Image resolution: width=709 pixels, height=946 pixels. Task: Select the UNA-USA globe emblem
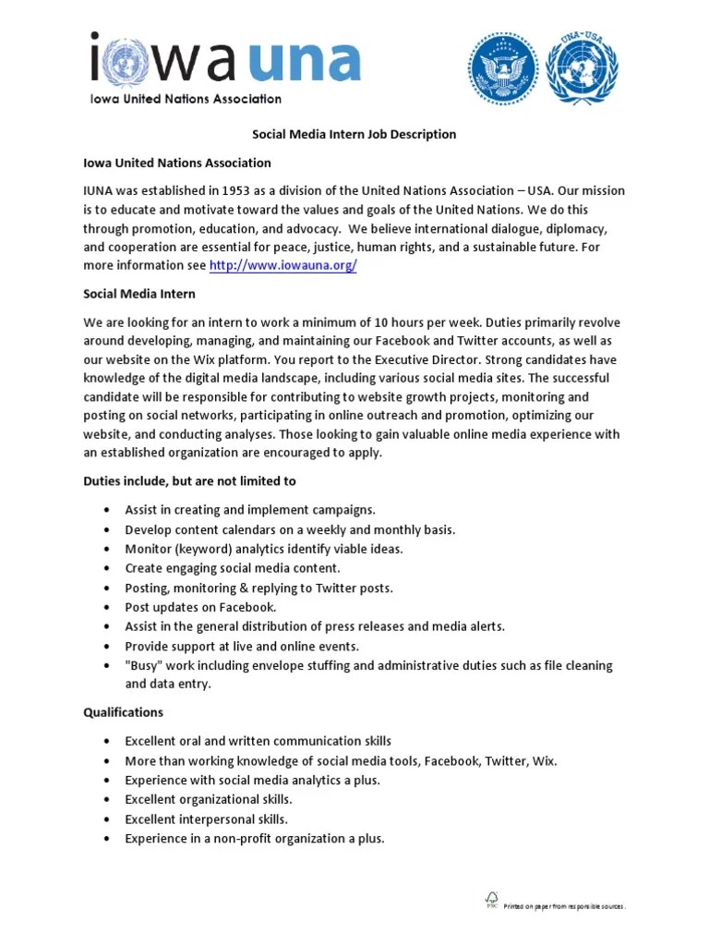(583, 67)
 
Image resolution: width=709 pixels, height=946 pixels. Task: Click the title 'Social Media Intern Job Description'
(354, 134)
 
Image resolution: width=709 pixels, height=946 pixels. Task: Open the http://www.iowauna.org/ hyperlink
(282, 265)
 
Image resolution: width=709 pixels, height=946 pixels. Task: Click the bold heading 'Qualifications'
(123, 712)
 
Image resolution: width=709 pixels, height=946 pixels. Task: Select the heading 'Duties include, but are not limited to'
(189, 481)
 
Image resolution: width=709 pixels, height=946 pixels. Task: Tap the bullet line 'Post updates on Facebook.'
(200, 607)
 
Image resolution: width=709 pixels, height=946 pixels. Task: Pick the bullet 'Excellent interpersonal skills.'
(206, 819)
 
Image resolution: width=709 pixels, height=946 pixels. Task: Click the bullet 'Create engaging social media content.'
(233, 568)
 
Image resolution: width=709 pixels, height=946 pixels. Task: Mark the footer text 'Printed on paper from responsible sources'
(564, 906)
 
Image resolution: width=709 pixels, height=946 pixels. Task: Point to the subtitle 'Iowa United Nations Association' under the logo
(186, 99)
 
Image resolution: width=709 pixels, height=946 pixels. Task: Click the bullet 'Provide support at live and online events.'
(242, 646)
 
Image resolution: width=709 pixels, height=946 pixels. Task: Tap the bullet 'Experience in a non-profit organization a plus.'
(255, 839)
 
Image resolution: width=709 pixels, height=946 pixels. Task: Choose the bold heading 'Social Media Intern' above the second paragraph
(139, 294)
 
